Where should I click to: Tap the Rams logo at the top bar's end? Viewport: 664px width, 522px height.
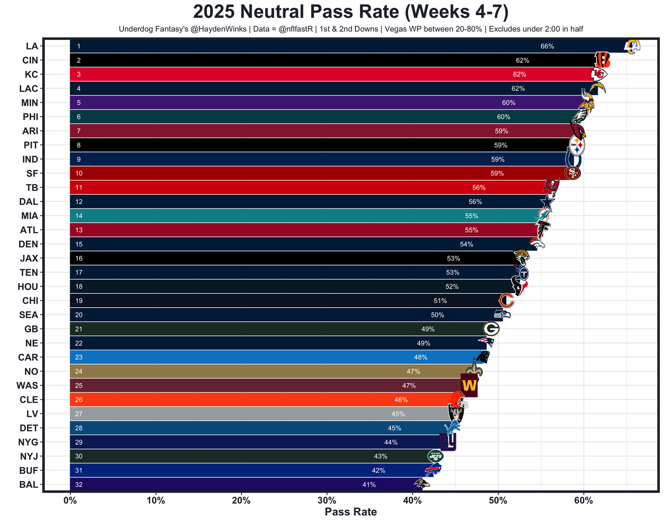tap(632, 46)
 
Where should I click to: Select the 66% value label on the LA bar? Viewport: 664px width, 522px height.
tap(547, 46)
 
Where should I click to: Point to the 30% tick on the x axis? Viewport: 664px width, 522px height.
tap(327, 501)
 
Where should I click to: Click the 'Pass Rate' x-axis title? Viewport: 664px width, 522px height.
tap(351, 512)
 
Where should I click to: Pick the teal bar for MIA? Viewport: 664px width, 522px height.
tap(259, 216)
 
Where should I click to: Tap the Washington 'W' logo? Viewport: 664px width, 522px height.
tap(469, 386)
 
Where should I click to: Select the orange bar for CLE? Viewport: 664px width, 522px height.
tap(233, 400)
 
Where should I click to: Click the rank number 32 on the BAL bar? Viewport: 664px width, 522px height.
tap(79, 485)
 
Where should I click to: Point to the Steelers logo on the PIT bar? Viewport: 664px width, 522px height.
tap(577, 146)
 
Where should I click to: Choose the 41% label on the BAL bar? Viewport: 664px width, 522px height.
tap(369, 485)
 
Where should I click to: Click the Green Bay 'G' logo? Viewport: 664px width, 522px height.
tap(491, 329)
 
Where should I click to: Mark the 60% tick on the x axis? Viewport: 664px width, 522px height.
tap(584, 501)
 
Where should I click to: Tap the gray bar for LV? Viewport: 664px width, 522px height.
tap(233, 414)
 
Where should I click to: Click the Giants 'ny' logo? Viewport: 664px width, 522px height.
tap(448, 442)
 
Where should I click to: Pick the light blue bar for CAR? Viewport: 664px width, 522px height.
tap(233, 358)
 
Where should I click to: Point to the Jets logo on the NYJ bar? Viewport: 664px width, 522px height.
tap(435, 457)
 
